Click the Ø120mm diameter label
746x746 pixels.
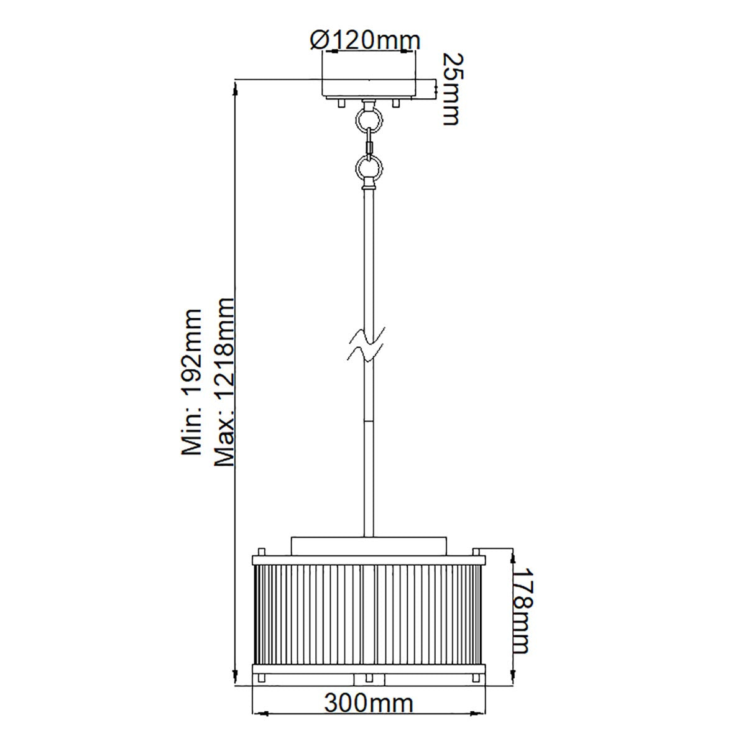tap(365, 40)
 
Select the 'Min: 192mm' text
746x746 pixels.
tap(191, 382)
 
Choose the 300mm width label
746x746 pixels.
tap(368, 704)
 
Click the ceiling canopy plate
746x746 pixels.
tap(368, 88)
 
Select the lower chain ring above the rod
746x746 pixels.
tap(368, 167)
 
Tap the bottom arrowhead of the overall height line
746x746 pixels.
tap(236, 678)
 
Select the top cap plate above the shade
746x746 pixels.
tap(368, 545)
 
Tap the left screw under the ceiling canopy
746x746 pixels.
tap(340, 103)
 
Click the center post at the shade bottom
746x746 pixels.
tap(368, 678)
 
